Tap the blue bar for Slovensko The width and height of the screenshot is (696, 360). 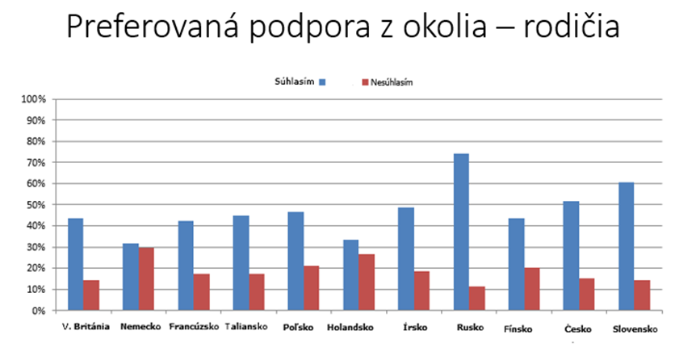click(626, 246)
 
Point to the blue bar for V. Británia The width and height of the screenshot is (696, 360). click(76, 264)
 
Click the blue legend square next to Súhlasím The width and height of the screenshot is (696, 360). click(322, 82)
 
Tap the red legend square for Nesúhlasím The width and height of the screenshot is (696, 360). click(364, 82)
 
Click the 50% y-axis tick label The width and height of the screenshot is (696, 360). click(37, 205)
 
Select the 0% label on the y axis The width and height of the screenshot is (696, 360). click(40, 311)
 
